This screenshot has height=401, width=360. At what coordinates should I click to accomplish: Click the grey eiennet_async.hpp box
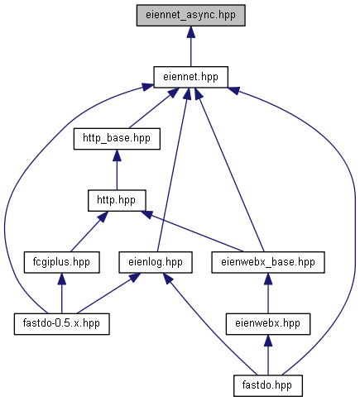(190, 16)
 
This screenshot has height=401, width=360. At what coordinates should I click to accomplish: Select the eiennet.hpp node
(190, 77)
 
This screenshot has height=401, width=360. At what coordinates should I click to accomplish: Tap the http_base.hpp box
(117, 139)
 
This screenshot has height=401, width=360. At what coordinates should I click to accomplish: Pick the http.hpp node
(117, 201)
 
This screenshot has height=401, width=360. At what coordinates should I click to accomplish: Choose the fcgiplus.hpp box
(61, 262)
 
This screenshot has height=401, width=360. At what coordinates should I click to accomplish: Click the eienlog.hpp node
(156, 262)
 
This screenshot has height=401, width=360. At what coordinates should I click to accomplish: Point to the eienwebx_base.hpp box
(268, 262)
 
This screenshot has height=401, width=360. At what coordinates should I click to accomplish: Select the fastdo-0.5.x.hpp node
(62, 324)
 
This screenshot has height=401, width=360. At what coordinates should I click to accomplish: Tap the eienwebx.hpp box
(268, 324)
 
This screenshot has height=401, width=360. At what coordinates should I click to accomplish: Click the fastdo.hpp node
(268, 386)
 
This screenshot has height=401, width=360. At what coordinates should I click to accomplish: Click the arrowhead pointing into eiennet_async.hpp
(190, 32)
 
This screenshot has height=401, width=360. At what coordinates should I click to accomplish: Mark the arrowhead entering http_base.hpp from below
(117, 155)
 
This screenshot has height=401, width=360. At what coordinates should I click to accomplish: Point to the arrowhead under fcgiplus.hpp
(61, 279)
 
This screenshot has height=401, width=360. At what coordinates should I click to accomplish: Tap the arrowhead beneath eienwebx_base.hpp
(268, 279)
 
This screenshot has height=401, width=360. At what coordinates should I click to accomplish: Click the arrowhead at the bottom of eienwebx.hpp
(268, 341)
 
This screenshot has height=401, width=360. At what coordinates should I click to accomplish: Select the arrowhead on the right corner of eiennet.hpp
(234, 90)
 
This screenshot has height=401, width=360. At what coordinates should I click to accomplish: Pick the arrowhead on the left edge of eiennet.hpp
(147, 87)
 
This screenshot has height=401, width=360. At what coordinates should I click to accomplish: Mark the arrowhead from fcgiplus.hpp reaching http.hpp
(102, 217)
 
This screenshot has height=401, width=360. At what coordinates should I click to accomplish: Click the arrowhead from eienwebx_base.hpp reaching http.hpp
(146, 214)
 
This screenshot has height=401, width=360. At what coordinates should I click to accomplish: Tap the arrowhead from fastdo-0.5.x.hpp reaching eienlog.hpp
(135, 278)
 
